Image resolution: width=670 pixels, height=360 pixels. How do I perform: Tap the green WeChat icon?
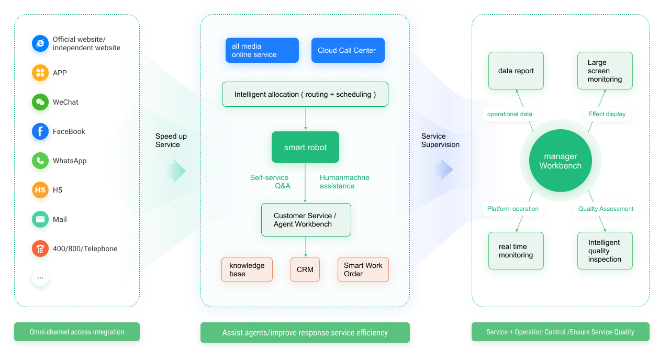(40, 103)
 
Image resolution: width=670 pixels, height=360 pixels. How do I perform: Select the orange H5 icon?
(40, 190)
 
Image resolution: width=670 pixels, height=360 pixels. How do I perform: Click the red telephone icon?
(40, 249)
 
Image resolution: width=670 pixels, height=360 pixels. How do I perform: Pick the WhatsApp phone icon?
(40, 161)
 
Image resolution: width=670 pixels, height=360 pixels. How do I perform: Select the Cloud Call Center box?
(348, 50)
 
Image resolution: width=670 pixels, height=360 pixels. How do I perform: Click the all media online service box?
(262, 50)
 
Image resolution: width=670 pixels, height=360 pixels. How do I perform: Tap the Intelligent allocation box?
(305, 94)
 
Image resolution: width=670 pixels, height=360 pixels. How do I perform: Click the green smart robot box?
(305, 147)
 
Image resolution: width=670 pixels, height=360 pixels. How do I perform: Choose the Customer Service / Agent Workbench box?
(306, 220)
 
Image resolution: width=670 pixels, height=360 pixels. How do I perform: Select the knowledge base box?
(247, 269)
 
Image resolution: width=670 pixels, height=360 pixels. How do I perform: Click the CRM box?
(305, 269)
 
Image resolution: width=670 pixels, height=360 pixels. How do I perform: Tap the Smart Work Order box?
(363, 269)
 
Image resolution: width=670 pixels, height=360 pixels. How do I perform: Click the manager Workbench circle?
(560, 161)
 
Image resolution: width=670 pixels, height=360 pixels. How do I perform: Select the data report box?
(516, 71)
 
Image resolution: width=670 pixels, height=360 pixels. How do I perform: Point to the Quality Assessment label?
(606, 209)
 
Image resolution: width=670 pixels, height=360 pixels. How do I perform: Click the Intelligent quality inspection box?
(605, 251)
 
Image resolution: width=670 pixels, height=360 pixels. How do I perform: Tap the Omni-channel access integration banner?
(76, 332)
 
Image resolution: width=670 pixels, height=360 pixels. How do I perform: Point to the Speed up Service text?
(171, 140)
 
